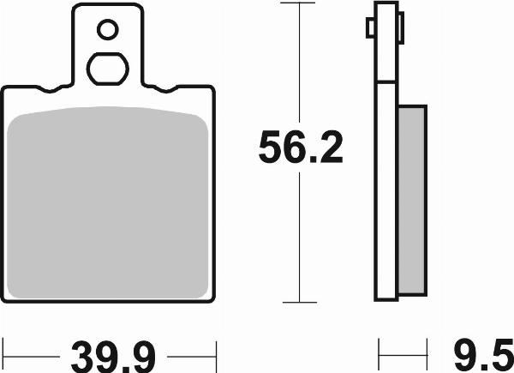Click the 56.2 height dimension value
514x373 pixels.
(x=301, y=147)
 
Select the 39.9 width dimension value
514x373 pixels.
(x=113, y=357)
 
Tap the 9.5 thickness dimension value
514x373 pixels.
(x=483, y=356)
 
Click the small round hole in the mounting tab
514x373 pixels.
(x=108, y=30)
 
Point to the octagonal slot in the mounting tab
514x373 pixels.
(x=108, y=69)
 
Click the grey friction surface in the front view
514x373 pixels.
(x=108, y=202)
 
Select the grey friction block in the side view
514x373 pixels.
(x=412, y=201)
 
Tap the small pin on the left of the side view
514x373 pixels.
(x=370, y=28)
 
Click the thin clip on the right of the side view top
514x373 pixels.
(x=401, y=28)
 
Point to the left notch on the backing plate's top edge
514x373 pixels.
(x=49, y=89)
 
